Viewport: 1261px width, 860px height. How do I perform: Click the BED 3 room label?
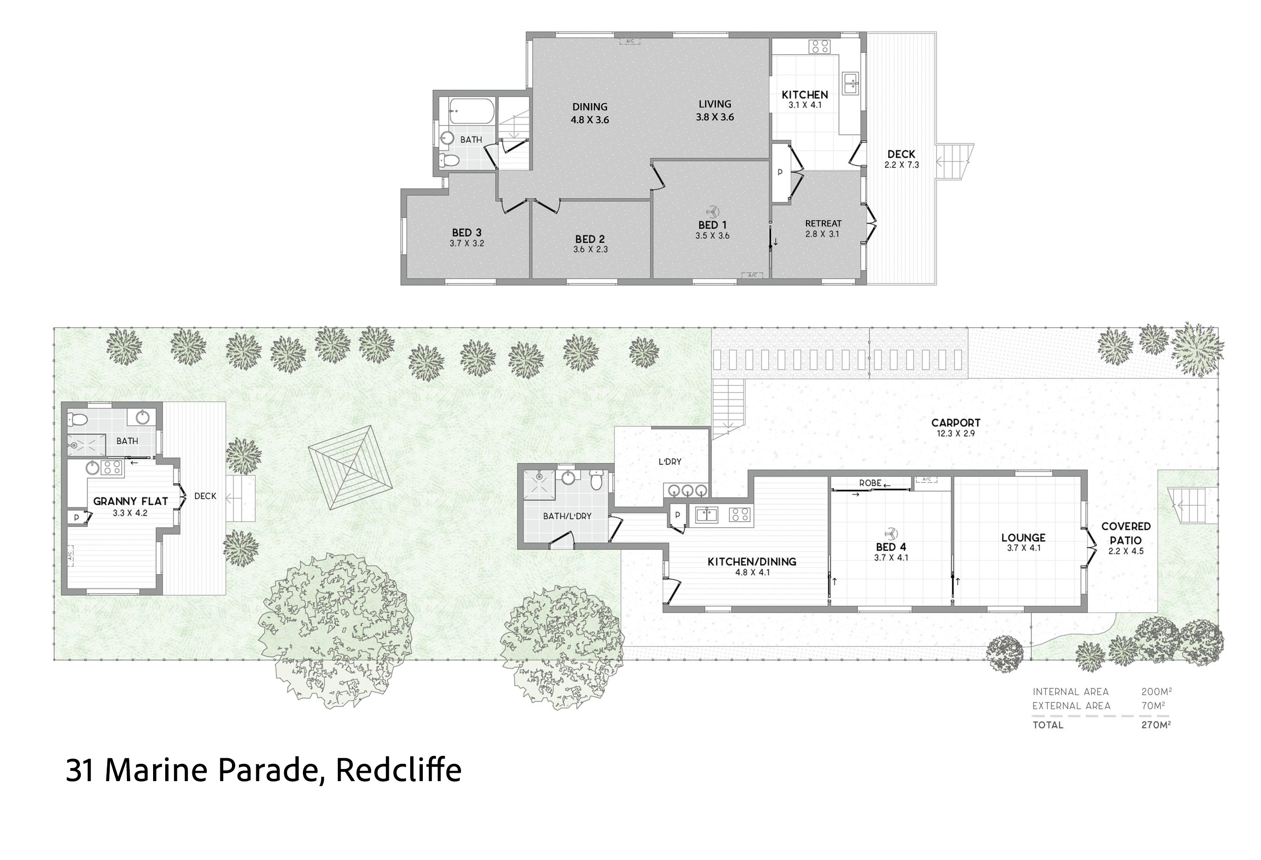point(467,233)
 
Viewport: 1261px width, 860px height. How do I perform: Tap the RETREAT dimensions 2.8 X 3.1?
point(822,234)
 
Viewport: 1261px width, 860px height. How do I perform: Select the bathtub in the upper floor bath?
point(471,111)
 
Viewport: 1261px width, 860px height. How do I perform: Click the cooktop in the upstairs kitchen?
point(820,47)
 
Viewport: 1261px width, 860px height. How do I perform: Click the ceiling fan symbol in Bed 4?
point(890,533)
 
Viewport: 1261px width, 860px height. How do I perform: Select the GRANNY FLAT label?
point(130,501)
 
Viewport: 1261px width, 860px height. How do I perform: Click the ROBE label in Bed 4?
point(870,483)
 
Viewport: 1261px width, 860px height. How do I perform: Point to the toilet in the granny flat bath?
point(77,420)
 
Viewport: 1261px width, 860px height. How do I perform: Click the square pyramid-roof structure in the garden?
point(350,467)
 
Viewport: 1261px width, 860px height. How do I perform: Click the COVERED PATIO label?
point(1125,533)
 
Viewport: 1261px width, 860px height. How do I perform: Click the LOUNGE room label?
point(1023,538)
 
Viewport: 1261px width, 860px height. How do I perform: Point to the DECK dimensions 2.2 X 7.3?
point(901,165)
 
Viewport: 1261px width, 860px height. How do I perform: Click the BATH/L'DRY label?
point(567,516)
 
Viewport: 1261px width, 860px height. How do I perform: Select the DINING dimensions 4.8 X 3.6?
point(590,120)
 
